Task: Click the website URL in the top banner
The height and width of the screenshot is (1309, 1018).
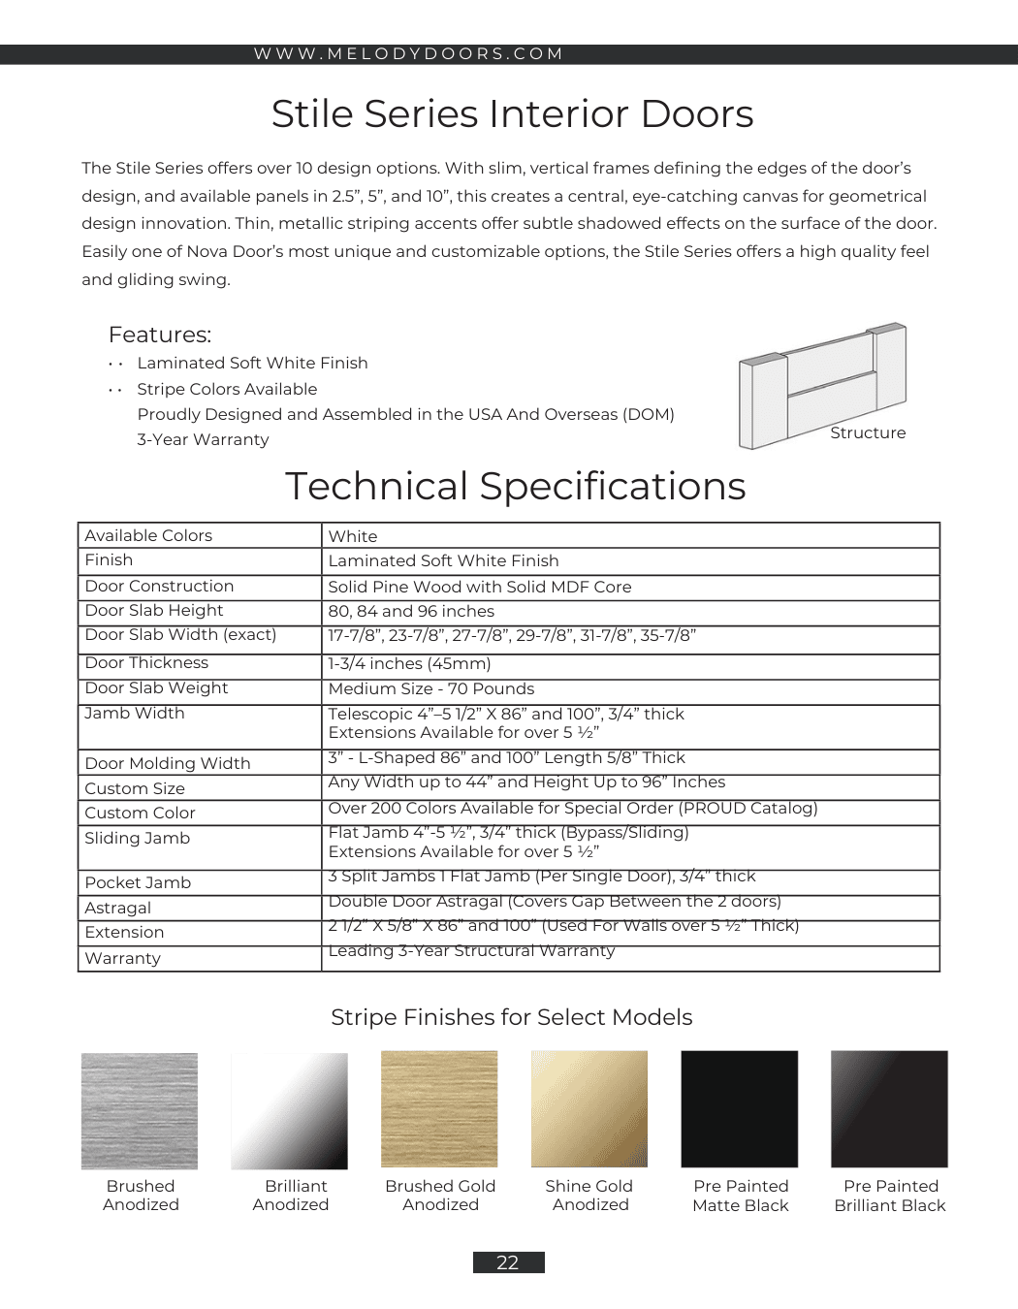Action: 408,54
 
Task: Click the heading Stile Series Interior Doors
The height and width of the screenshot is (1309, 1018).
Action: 512,114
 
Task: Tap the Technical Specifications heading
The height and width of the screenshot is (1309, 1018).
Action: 515,487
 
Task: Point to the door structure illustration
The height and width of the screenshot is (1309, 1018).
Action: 821,385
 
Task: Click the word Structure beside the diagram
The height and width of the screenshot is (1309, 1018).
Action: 868,433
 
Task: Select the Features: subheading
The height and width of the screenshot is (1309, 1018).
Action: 160,335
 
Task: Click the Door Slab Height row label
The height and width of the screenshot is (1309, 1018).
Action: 154,611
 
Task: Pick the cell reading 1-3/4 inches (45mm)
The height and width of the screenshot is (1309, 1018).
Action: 409,664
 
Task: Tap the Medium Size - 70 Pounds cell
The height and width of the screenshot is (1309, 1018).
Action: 431,689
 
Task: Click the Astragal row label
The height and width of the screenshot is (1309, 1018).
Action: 118,909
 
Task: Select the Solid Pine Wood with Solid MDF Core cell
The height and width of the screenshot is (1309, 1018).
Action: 480,588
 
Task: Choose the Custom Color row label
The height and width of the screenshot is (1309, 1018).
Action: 141,814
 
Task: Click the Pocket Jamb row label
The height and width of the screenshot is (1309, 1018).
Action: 138,883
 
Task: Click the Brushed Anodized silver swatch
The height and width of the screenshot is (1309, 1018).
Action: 140,1110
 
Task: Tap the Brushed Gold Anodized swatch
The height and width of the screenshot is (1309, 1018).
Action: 439,1109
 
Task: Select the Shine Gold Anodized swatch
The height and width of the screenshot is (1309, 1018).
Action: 589,1109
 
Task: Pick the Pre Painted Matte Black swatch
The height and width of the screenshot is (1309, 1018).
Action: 740,1109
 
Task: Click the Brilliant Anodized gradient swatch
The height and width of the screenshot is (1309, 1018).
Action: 289,1110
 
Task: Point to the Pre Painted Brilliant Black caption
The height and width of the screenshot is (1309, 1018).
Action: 890,1196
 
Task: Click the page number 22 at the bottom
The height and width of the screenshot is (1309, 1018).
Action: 508,1262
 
